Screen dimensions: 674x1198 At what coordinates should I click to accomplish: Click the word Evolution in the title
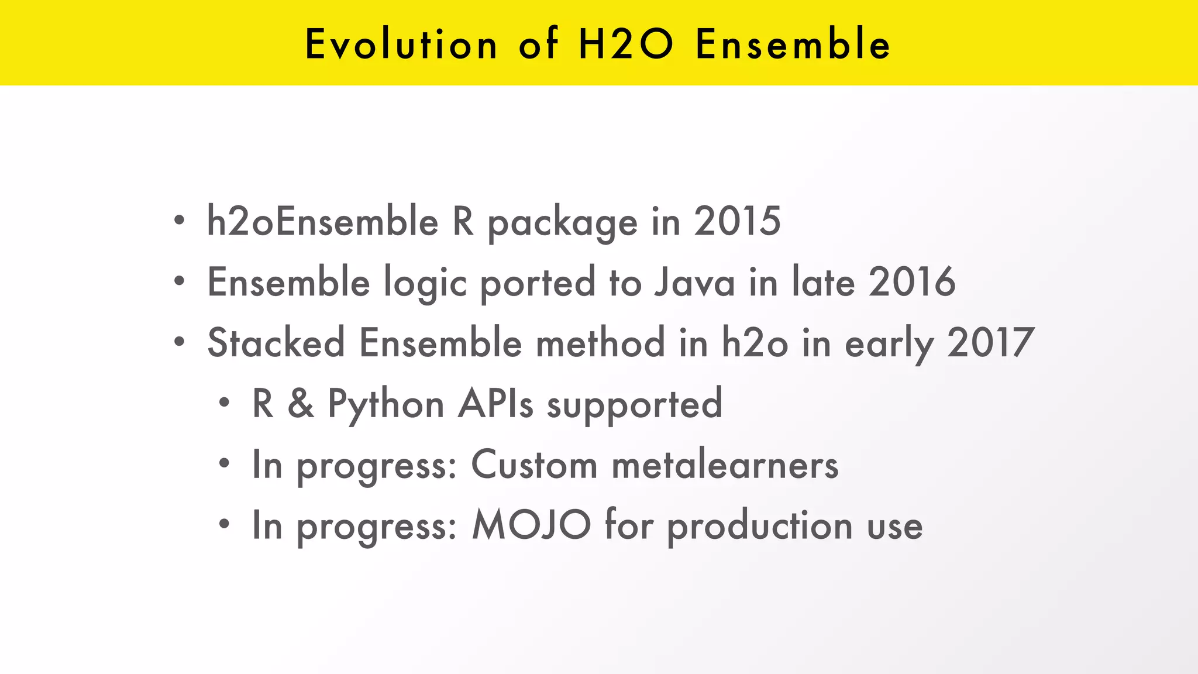[x=401, y=44]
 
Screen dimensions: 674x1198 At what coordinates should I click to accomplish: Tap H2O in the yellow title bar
[x=625, y=44]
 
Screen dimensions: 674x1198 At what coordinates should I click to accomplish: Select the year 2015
[x=737, y=222]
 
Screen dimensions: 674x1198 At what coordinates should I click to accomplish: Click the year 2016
[x=911, y=283]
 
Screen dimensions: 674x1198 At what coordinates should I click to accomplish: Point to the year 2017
[x=990, y=343]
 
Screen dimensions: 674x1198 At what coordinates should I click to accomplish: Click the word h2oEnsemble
[x=322, y=222]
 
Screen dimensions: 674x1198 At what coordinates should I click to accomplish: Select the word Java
[x=694, y=283]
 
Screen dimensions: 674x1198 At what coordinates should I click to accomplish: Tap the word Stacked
[x=276, y=343]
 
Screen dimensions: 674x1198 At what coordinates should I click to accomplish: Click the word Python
[x=385, y=404]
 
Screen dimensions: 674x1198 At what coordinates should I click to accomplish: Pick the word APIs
[x=495, y=404]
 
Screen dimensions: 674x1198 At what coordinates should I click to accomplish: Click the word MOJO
[x=531, y=525]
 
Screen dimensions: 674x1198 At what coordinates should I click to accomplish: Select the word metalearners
[x=725, y=465]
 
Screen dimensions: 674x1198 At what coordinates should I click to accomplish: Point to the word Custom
[x=534, y=465]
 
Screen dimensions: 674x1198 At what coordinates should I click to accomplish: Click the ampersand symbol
[x=300, y=404]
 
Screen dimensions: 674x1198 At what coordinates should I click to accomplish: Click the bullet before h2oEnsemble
[x=179, y=222]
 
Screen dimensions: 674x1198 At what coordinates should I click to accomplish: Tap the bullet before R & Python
[x=224, y=404]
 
